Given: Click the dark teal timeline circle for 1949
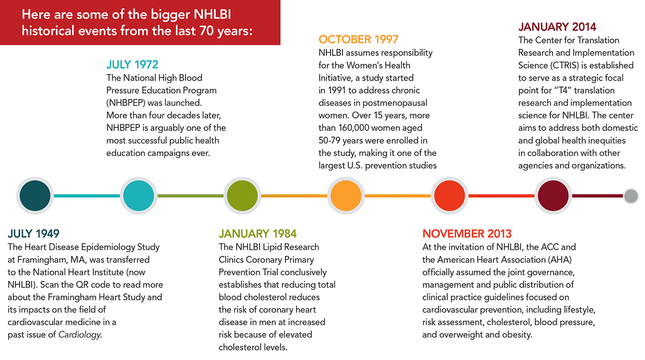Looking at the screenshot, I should pos(35,196).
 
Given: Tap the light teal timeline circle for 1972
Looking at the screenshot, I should pos(139,196).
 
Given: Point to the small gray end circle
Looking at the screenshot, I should pos(631,196).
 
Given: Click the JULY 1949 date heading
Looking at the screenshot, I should pos(33,234).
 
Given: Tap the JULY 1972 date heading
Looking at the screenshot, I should pos(132,65).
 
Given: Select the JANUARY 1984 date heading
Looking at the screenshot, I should pos(257,234).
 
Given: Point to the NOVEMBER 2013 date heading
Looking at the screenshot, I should pos(467,234).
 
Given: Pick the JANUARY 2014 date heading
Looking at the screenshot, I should pos(557,27).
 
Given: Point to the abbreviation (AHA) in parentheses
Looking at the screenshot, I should pos(542,260).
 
